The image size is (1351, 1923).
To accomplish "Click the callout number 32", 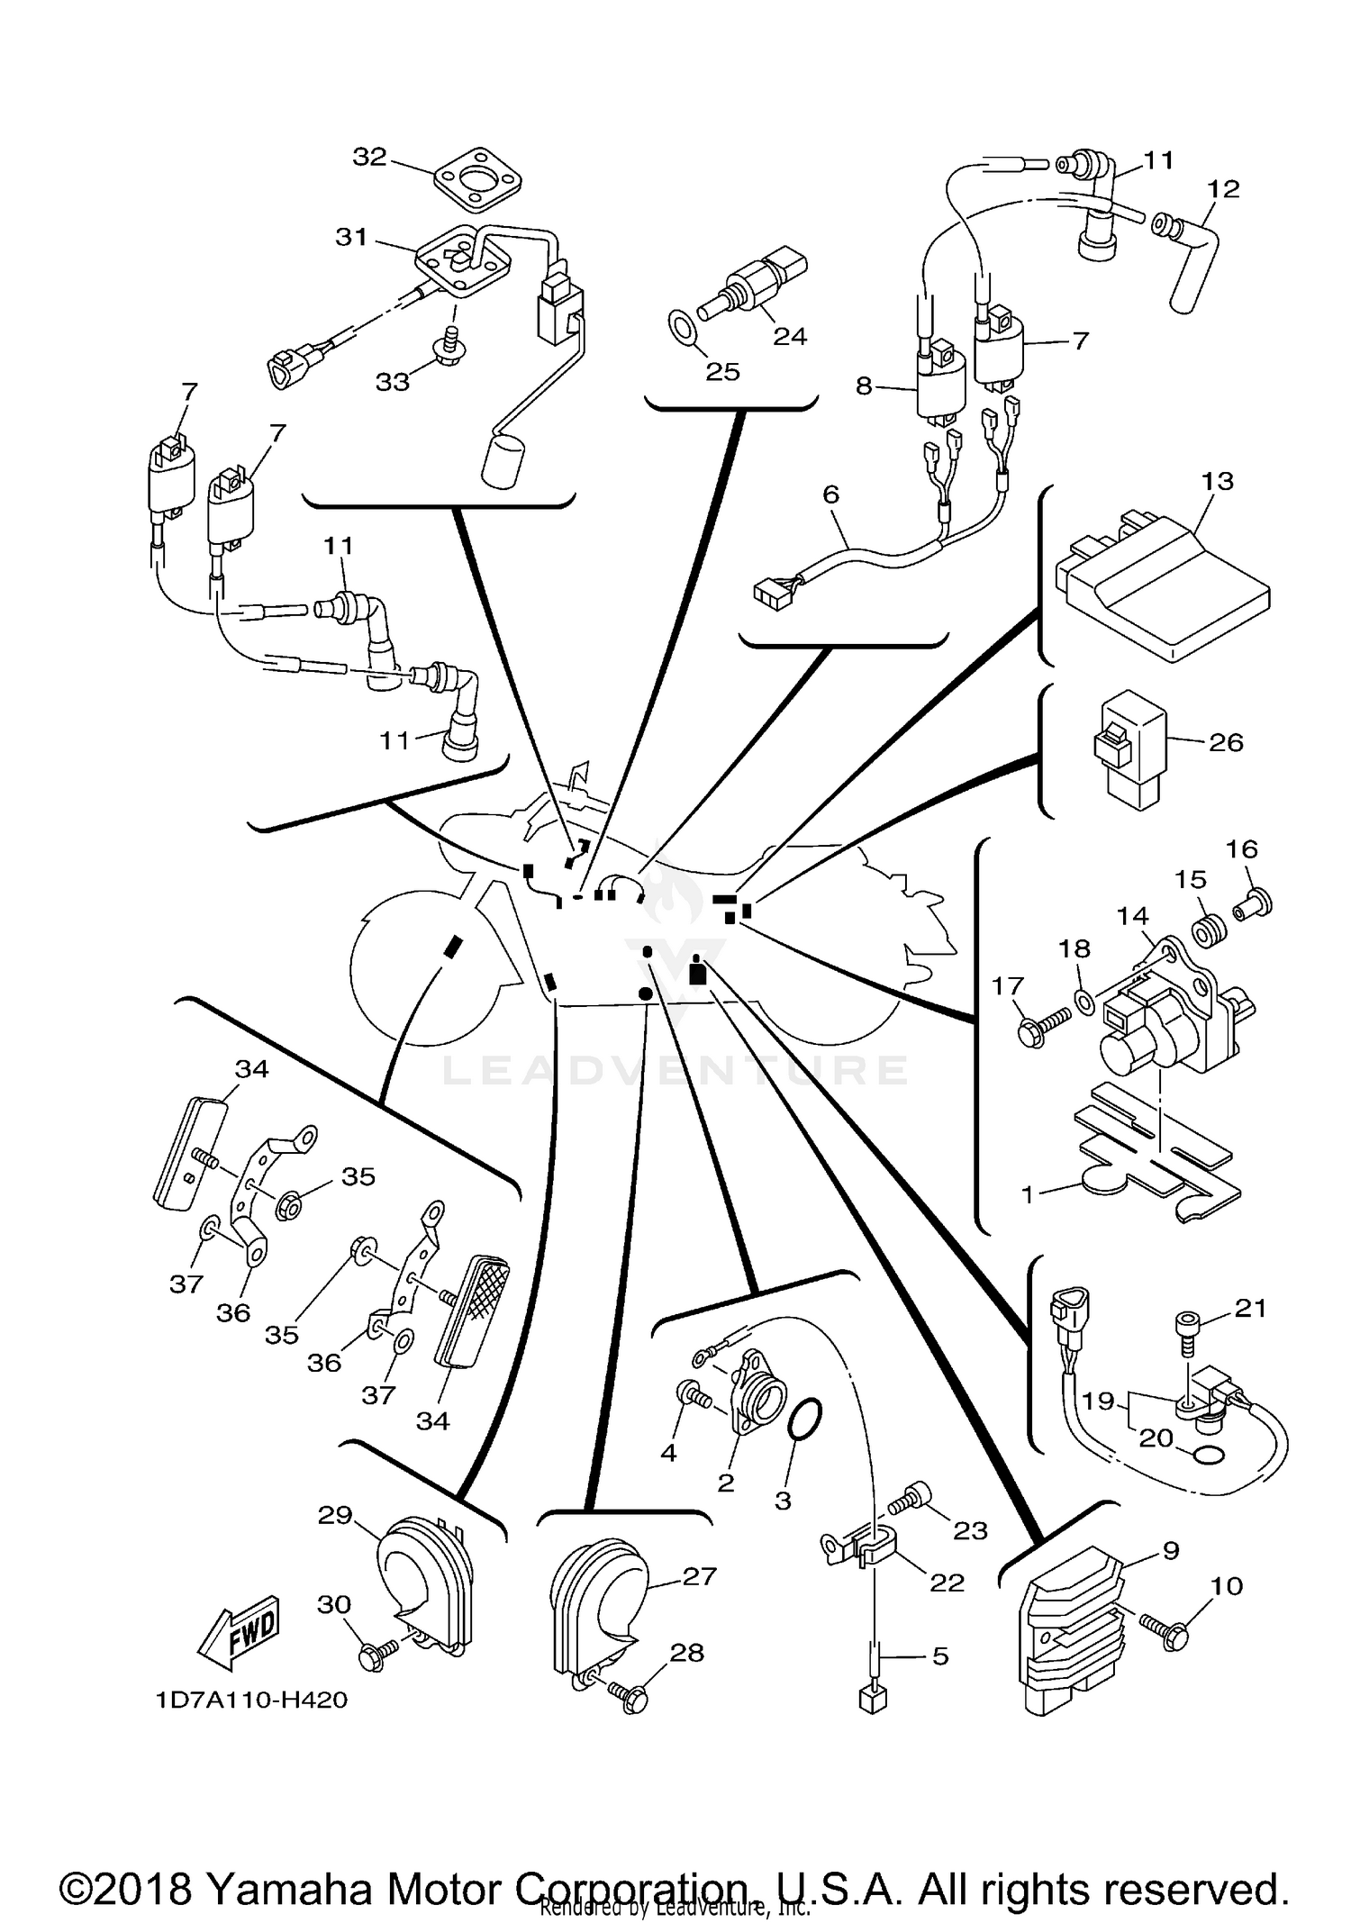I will point(369,157).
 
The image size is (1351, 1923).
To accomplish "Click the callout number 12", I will point(1224,189).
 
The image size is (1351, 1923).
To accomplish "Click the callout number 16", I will point(1242,848).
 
